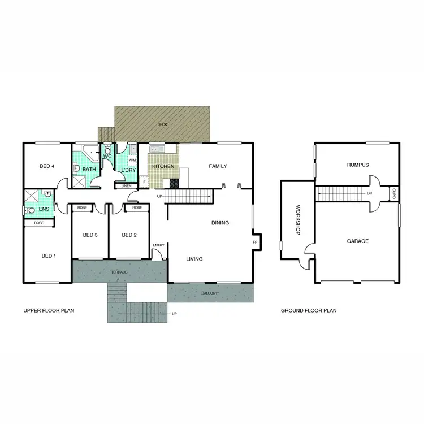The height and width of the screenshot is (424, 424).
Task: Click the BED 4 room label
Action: (47, 166)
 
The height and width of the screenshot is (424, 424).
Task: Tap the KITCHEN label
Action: (163, 167)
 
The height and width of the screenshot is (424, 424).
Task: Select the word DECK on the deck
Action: (162, 124)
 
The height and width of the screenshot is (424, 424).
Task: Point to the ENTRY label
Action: (158, 245)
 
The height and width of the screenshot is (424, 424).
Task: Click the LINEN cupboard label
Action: (127, 186)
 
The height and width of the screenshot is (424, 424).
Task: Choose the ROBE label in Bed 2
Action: (137, 208)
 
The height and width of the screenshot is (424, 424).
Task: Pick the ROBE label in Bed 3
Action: (82, 208)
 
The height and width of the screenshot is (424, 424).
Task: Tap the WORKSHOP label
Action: (296, 220)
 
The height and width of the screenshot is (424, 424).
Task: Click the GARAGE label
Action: (357, 241)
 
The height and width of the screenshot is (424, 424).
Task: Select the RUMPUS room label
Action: (357, 165)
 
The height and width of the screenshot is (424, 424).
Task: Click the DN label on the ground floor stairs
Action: (369, 194)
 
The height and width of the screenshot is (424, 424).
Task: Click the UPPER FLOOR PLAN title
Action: (49, 310)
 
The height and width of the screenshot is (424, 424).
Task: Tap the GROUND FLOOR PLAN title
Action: (309, 310)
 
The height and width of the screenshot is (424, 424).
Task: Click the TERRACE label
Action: (119, 272)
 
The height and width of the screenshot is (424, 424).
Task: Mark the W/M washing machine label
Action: (132, 160)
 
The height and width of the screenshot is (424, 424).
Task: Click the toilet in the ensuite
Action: (32, 210)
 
